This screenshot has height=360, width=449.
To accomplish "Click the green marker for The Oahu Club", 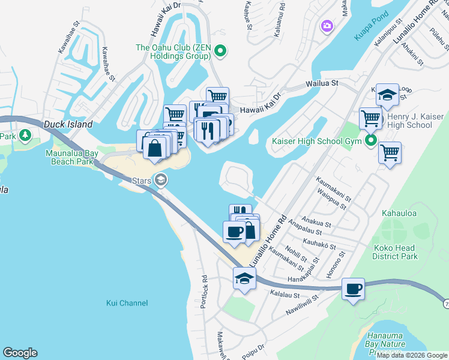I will click(220, 52).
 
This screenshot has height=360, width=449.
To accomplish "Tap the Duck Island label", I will click(68, 124).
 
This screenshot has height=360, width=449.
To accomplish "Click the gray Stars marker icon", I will click(161, 179).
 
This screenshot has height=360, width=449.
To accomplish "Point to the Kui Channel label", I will click(127, 303).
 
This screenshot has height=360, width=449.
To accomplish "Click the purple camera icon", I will click(327, 26).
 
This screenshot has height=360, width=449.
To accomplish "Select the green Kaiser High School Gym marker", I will click(372, 142).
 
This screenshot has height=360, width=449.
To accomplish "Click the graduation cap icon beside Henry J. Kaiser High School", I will click(387, 94).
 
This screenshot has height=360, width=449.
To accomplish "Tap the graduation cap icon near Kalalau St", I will click(244, 278).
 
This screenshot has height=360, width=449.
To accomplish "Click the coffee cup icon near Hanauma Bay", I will click(353, 289).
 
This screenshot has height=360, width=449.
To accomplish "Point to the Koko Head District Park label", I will click(395, 252).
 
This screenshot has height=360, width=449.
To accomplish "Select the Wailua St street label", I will click(322, 84).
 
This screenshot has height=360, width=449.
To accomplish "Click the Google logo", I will click(20, 353).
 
